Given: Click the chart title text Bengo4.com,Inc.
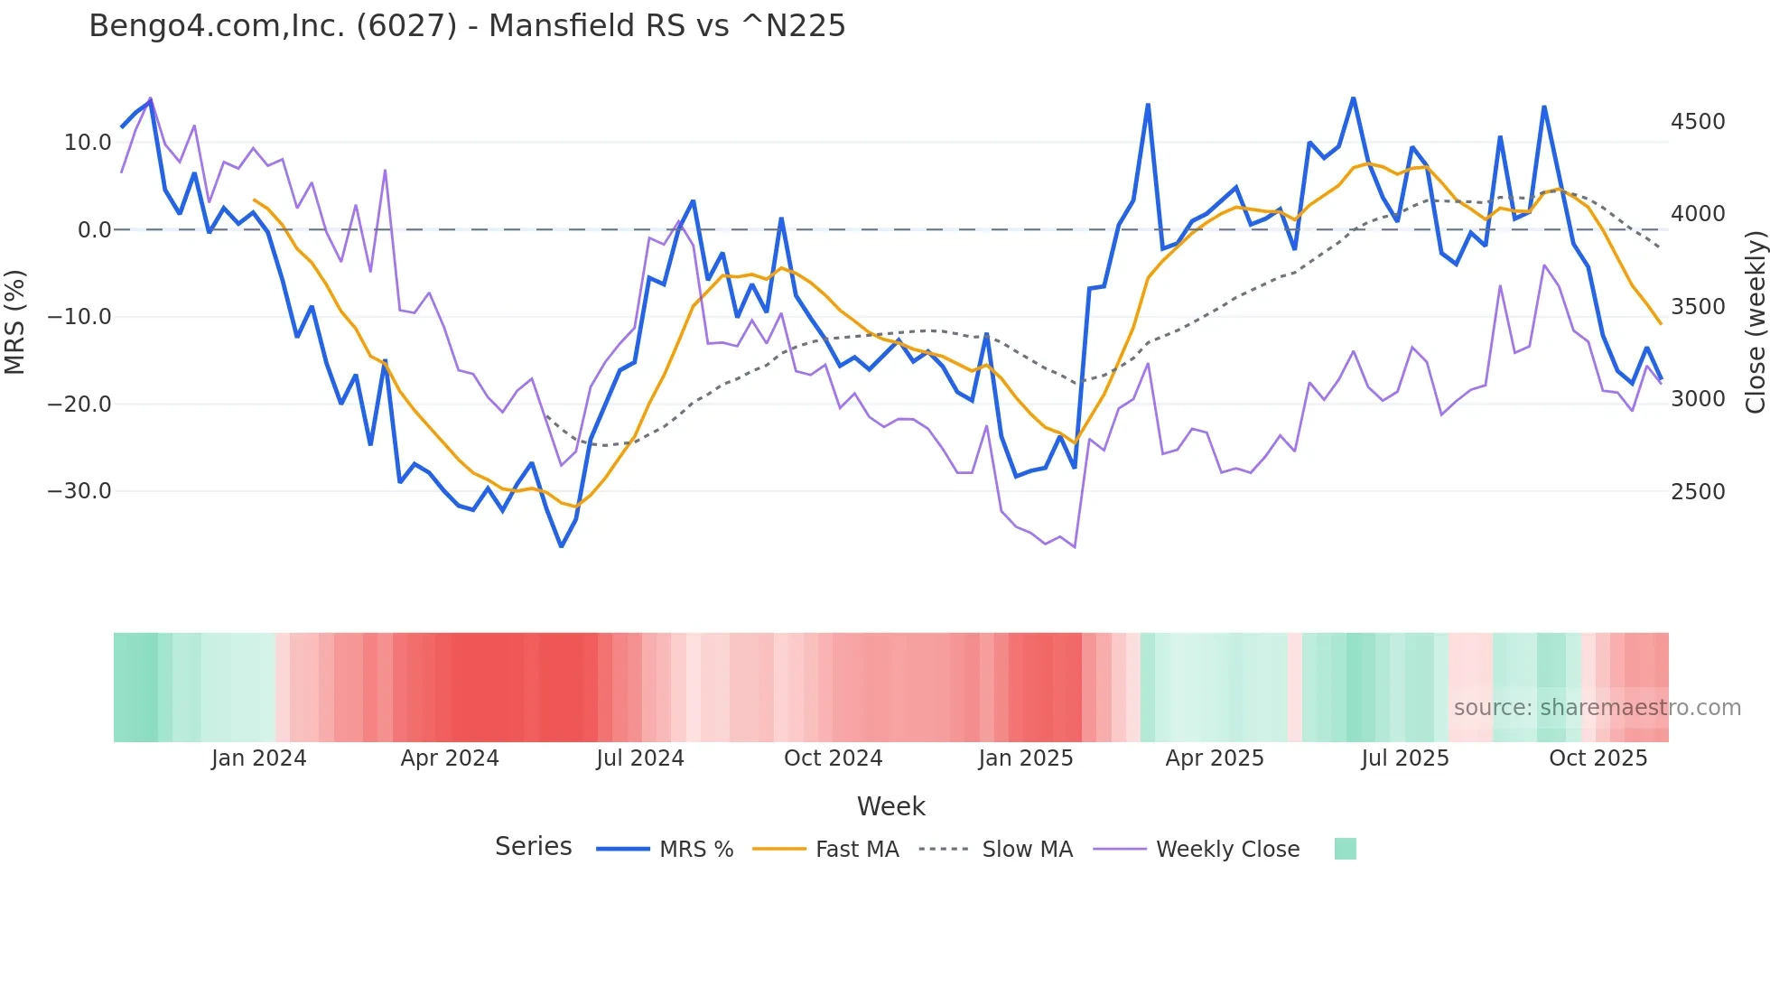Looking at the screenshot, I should pos(467,26).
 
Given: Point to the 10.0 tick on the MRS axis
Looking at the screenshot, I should pos(88,143).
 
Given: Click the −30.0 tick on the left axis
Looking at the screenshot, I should pos(79,491).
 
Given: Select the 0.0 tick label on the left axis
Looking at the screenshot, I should pos(94,230).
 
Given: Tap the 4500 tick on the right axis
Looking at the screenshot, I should pos(1698,122).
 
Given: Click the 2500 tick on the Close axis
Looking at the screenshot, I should pos(1698,492).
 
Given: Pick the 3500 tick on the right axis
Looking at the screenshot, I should pos(1698,307).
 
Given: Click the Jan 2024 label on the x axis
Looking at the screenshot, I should pos(259,758).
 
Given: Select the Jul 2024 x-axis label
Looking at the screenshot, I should pos(640,758).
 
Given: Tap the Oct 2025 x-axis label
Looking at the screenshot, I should pos(1598,758).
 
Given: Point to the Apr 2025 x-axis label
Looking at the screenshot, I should pos(1215,758).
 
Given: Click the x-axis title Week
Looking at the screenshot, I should pos(890,806).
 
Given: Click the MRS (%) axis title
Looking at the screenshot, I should pos(15,321).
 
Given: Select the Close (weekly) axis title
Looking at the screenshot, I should pos(1755,321).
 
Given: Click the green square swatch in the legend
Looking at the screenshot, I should pos(1346,849).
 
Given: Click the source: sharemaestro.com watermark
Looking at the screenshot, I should pos(1597,708).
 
